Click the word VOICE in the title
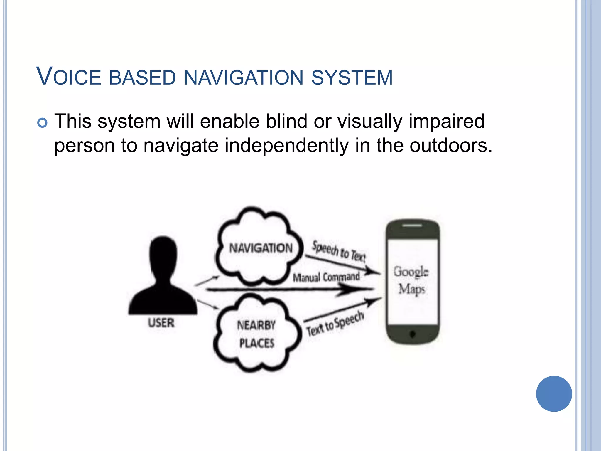click(x=68, y=77)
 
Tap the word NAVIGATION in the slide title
click(x=244, y=78)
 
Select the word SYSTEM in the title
click(x=352, y=78)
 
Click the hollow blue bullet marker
click(x=43, y=123)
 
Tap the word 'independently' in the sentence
click(x=286, y=146)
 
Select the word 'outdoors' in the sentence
click(x=447, y=146)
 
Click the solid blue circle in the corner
click(x=554, y=394)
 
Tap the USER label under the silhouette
click(x=161, y=323)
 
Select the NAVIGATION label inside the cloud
click(x=261, y=248)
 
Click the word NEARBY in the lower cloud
click(x=256, y=325)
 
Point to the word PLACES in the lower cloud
click(x=257, y=343)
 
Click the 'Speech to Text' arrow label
click(x=339, y=251)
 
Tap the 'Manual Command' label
click(x=326, y=277)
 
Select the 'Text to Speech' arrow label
click(x=335, y=324)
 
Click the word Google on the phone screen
click(x=411, y=272)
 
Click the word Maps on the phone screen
click(x=411, y=289)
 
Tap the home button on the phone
click(x=412, y=334)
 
